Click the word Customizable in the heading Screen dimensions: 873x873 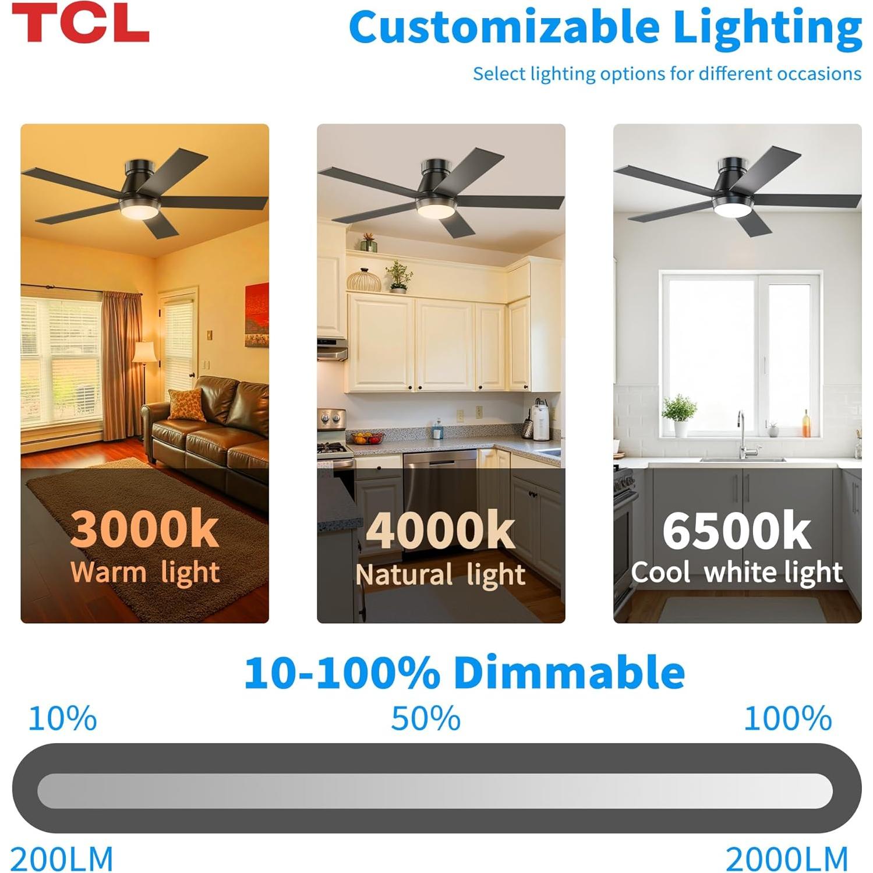[504, 27]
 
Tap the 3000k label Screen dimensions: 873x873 [145, 529]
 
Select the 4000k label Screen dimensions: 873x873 [440, 531]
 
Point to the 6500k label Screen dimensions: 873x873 [736, 531]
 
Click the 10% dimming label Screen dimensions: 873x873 [62, 718]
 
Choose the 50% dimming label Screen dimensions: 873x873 [426, 718]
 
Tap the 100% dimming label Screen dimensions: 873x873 [788, 718]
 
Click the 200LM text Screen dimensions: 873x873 [62, 858]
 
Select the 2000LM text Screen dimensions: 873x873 [787, 858]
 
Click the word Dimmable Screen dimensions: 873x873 [569, 672]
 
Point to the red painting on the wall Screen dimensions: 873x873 [257, 314]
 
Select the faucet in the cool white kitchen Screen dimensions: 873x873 [743, 434]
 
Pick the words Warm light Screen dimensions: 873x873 [145, 572]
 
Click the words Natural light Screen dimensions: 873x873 [440, 574]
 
